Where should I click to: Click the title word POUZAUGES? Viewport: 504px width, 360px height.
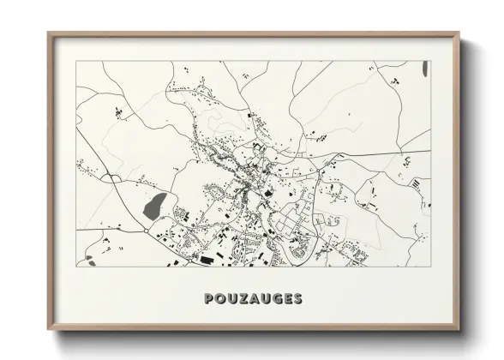[x=253, y=298]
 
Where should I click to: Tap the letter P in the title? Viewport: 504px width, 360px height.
[x=210, y=298]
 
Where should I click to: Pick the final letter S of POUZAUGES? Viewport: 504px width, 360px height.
[x=296, y=298]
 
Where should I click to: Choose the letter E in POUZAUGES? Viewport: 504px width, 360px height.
[x=285, y=298]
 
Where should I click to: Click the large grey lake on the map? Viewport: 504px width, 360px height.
[x=156, y=205]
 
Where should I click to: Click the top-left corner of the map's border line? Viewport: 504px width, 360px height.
[x=76, y=61]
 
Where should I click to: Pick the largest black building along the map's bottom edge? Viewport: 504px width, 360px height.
[x=207, y=256]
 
